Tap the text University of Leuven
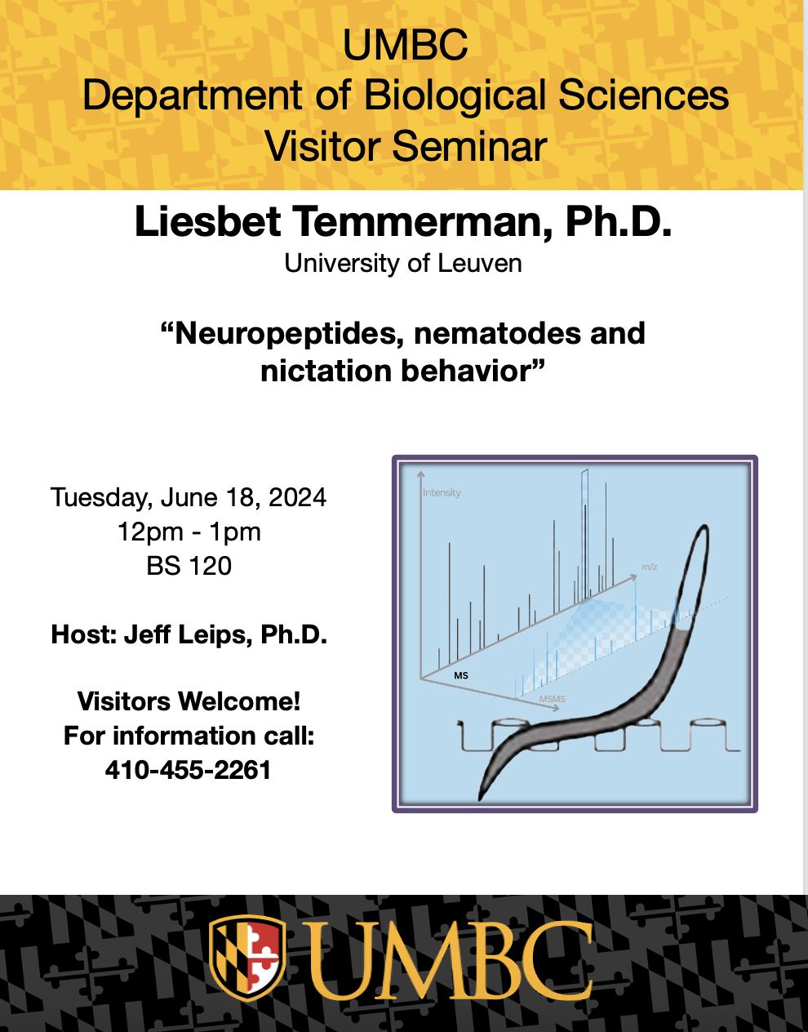click(403, 263)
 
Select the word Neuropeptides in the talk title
click(286, 334)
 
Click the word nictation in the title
click(326, 371)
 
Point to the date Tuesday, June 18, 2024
click(189, 498)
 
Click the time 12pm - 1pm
click(189, 532)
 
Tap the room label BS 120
click(189, 566)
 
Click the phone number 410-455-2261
click(188, 770)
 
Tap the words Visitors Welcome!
click(189, 701)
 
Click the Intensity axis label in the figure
click(442, 493)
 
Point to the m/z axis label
click(650, 567)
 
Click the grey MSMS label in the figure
click(552, 699)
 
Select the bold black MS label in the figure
click(461, 675)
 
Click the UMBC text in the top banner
click(405, 45)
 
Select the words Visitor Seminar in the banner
click(406, 146)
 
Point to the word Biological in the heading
click(455, 96)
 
